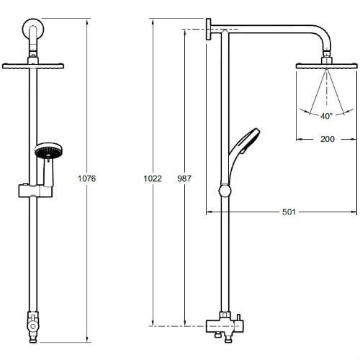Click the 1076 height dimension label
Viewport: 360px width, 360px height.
tap(87, 179)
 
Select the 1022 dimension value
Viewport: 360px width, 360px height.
tap(153, 179)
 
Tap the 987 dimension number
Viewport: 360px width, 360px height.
tap(184, 179)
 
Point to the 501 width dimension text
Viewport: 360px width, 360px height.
tap(289, 212)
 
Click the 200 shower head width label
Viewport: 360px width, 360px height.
tap(328, 139)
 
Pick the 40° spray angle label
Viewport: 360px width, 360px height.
tap(327, 116)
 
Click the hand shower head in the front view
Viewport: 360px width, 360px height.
tap(48, 150)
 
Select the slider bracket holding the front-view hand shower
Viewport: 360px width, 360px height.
tap(35, 191)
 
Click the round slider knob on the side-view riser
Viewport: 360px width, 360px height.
tap(225, 191)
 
